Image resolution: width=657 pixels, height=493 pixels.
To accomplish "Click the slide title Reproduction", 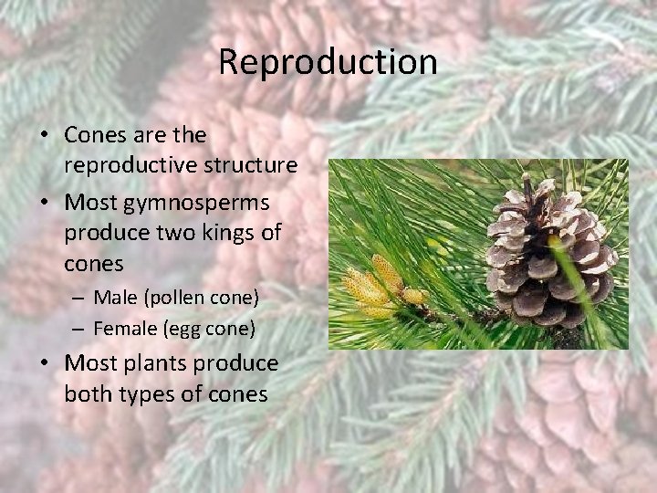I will pos(328,62).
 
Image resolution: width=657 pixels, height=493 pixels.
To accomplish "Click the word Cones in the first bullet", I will pos(95,135).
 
